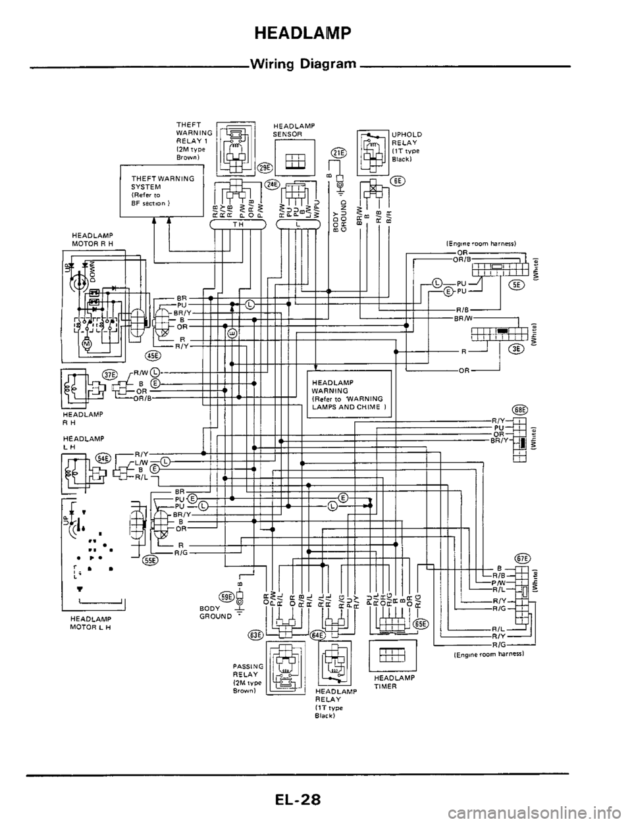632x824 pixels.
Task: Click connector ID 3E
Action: tap(517, 349)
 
